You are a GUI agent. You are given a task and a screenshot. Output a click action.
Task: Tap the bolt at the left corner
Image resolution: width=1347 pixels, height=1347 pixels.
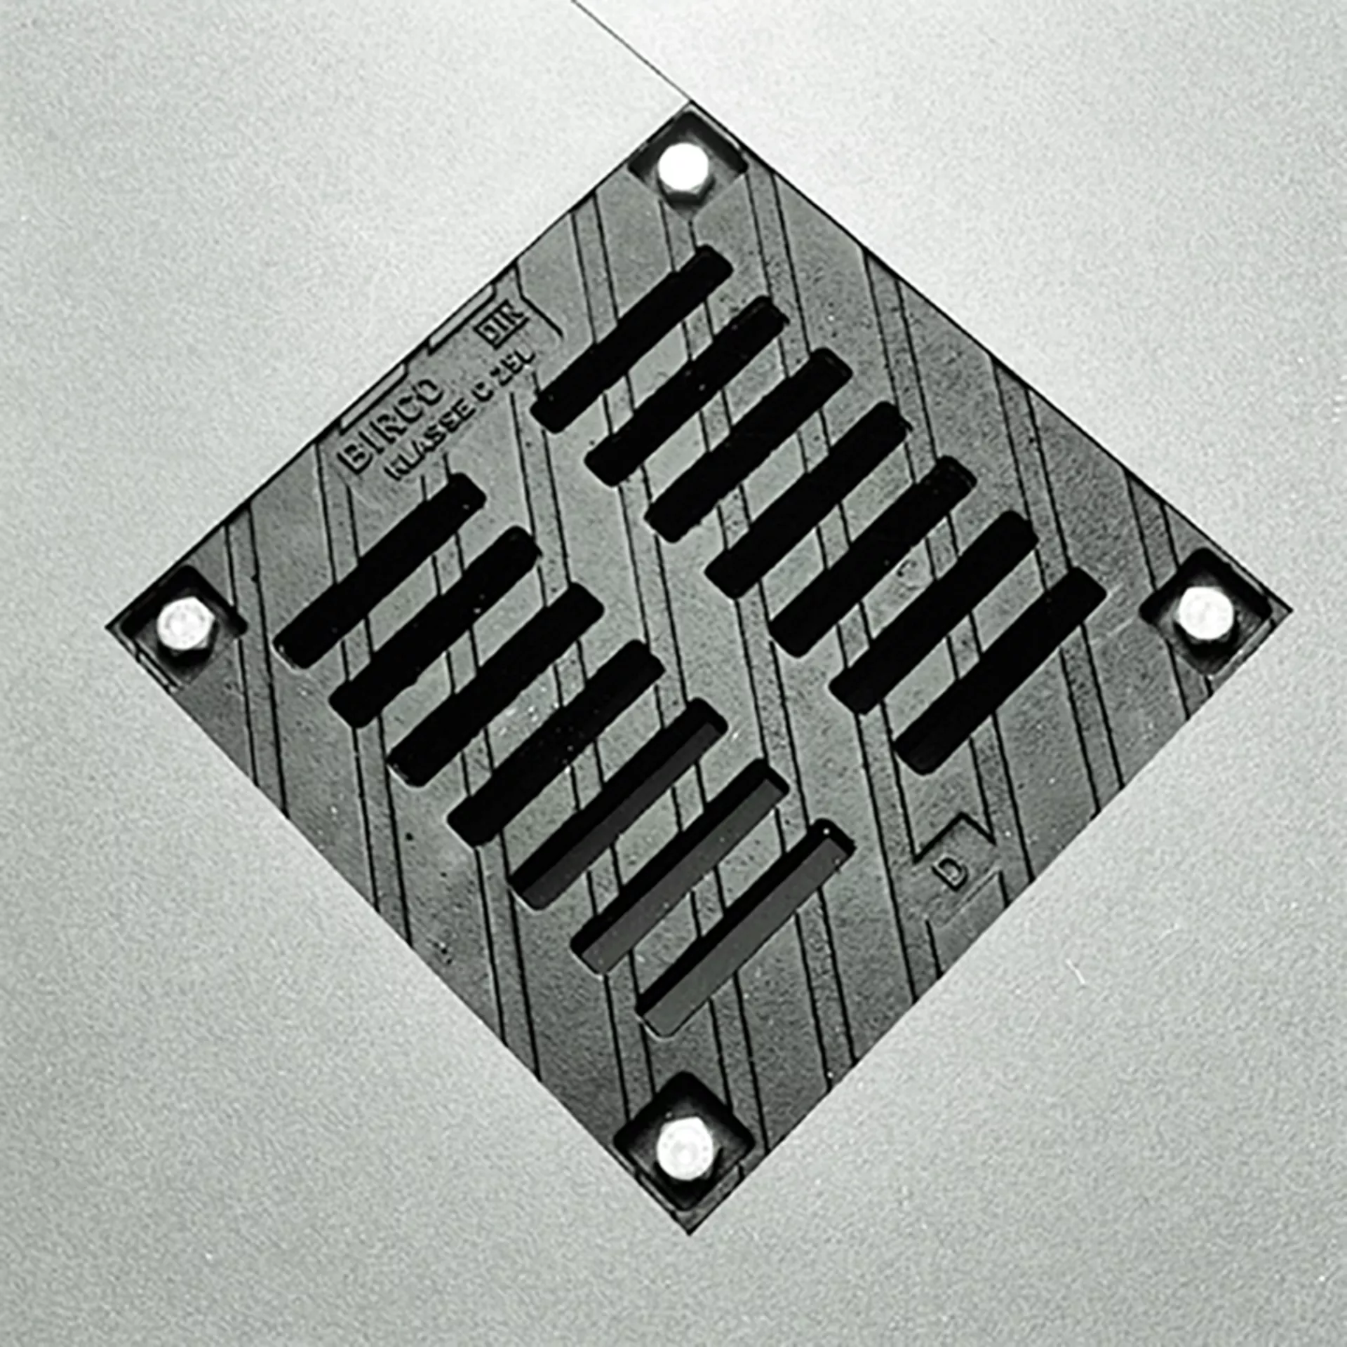point(184,624)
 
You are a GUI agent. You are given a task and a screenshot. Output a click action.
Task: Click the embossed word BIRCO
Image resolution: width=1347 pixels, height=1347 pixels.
point(392,424)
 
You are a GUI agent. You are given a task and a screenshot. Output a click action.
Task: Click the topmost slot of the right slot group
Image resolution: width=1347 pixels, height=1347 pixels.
point(631,338)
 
